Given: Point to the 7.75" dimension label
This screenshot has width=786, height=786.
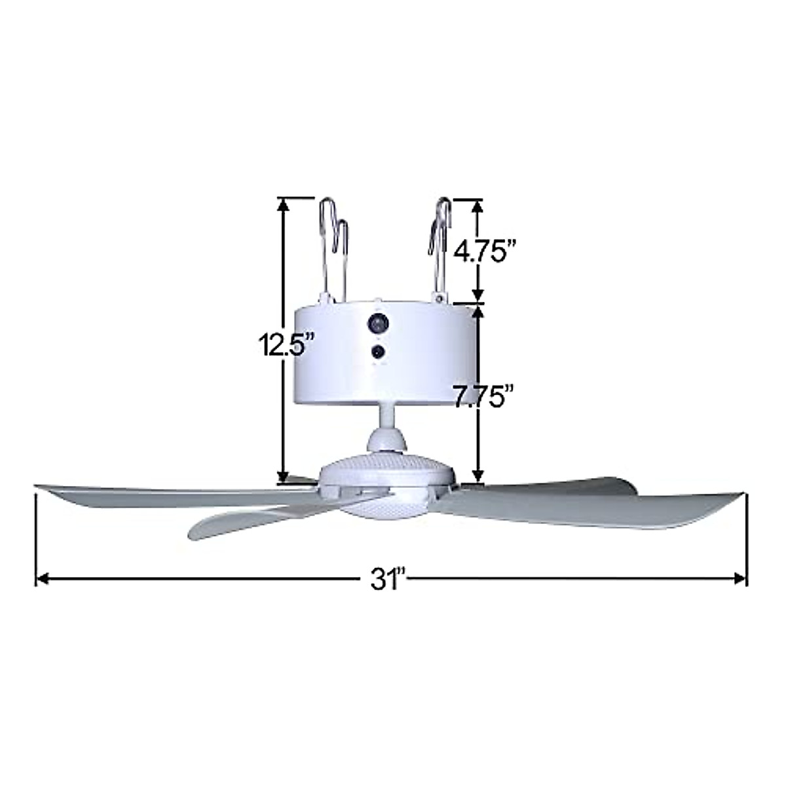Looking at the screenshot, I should pos(483,396).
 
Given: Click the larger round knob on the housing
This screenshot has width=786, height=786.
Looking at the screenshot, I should pos(378,323).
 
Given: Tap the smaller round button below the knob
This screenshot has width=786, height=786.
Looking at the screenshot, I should pos(378,352).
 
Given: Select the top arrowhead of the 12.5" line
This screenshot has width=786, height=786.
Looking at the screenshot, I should pos(283,205).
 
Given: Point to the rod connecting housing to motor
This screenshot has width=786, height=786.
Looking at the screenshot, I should pos(386,416).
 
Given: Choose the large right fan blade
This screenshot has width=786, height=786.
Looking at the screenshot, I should pos(589,511).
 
